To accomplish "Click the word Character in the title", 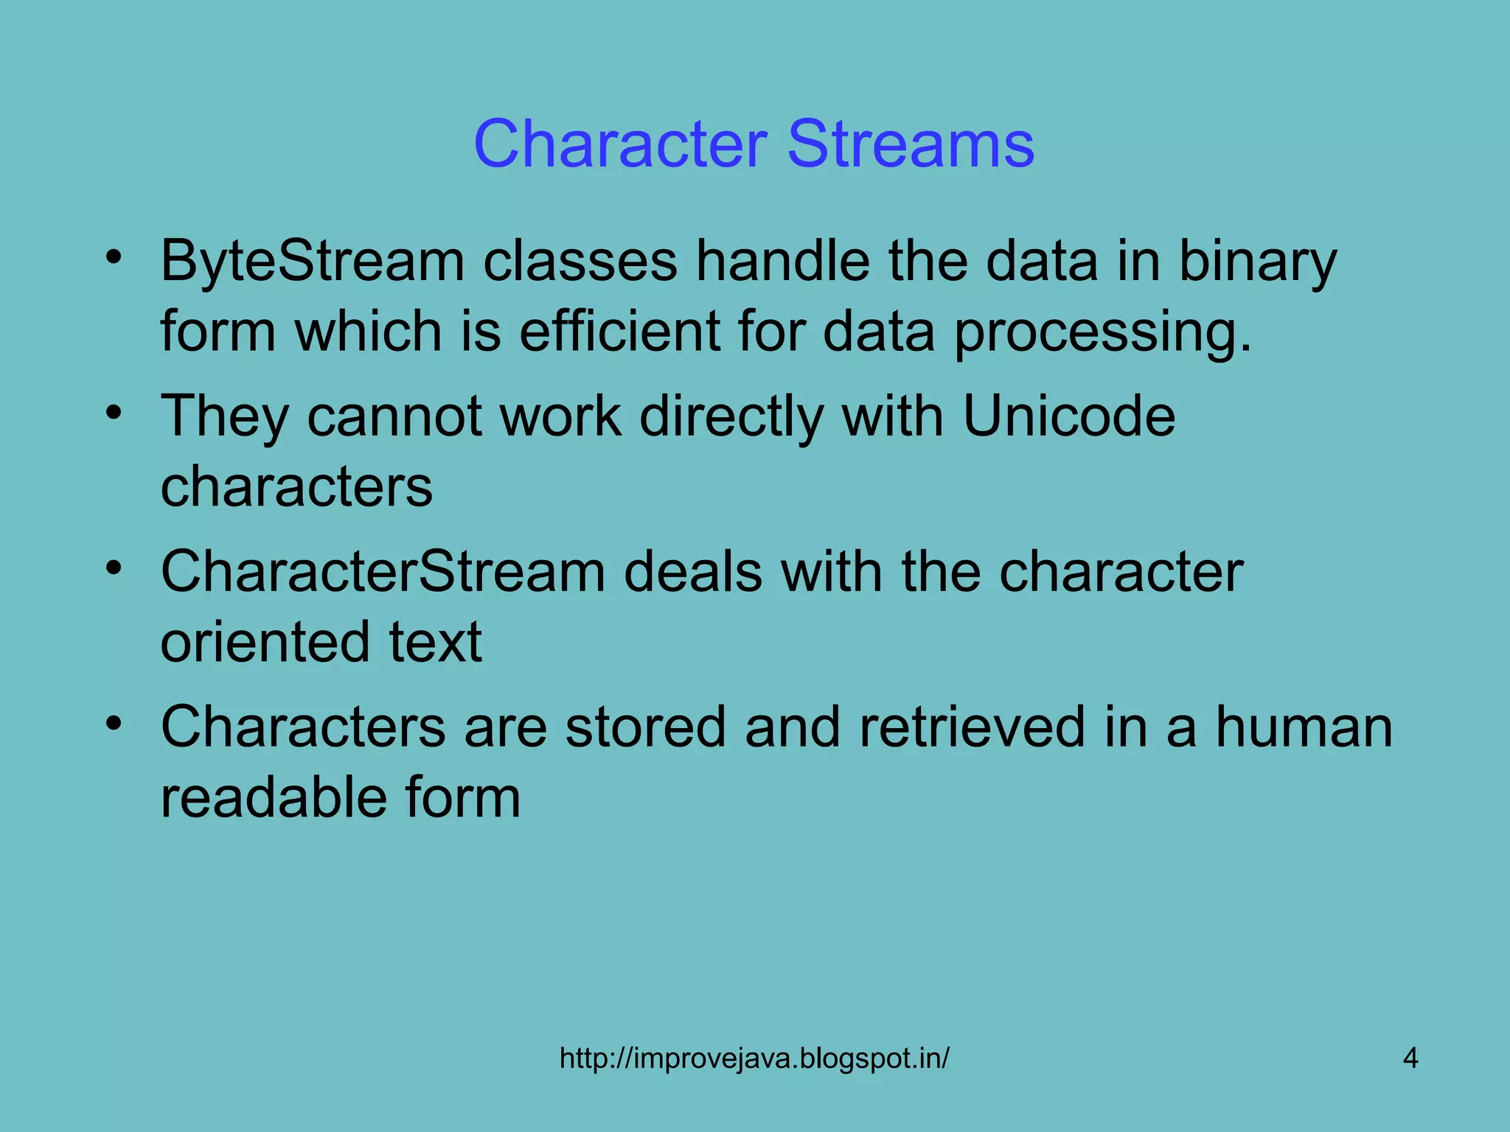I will [x=621, y=144].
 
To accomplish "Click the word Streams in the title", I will [x=911, y=144].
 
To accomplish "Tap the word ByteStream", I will [x=313, y=262].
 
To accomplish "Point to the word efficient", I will [x=620, y=331].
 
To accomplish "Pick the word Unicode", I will [x=1068, y=416].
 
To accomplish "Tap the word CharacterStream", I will [x=383, y=572].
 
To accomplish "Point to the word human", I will [x=1304, y=727].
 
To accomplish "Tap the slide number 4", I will [x=1410, y=1059].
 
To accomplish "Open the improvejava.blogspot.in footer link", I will [x=754, y=1059].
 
